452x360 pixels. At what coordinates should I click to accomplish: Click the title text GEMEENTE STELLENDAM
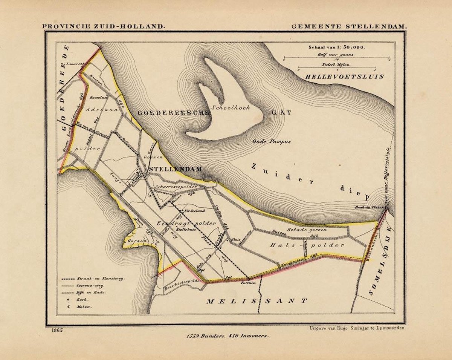pos(349,27)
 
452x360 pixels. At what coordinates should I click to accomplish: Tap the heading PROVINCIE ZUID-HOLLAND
pos(104,27)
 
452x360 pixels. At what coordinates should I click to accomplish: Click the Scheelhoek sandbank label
pos(227,107)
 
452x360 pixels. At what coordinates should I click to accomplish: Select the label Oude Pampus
pos(272,142)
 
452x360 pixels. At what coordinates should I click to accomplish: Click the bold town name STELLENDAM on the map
pos(176,169)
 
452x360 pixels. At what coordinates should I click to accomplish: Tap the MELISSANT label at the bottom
pos(257,301)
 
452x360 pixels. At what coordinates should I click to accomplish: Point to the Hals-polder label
pos(307,245)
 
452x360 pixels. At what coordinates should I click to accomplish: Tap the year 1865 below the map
pos(55,330)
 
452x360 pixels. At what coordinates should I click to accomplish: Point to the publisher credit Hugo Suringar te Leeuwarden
pos(356,329)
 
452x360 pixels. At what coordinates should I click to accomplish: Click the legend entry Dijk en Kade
pos(91,293)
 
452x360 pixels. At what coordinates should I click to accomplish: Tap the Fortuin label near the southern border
pos(249,282)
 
